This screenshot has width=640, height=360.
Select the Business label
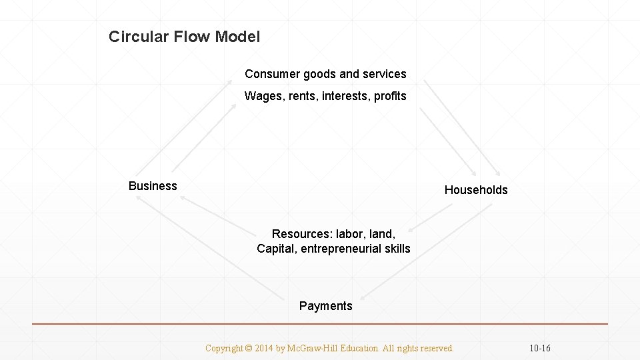153,186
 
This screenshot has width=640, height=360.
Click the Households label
476,190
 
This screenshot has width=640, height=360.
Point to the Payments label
325,306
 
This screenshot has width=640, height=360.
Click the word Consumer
269,73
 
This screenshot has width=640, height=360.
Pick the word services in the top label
383,73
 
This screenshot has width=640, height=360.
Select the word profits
390,96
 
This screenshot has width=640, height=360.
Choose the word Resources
299,234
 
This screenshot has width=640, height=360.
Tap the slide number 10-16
540,348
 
